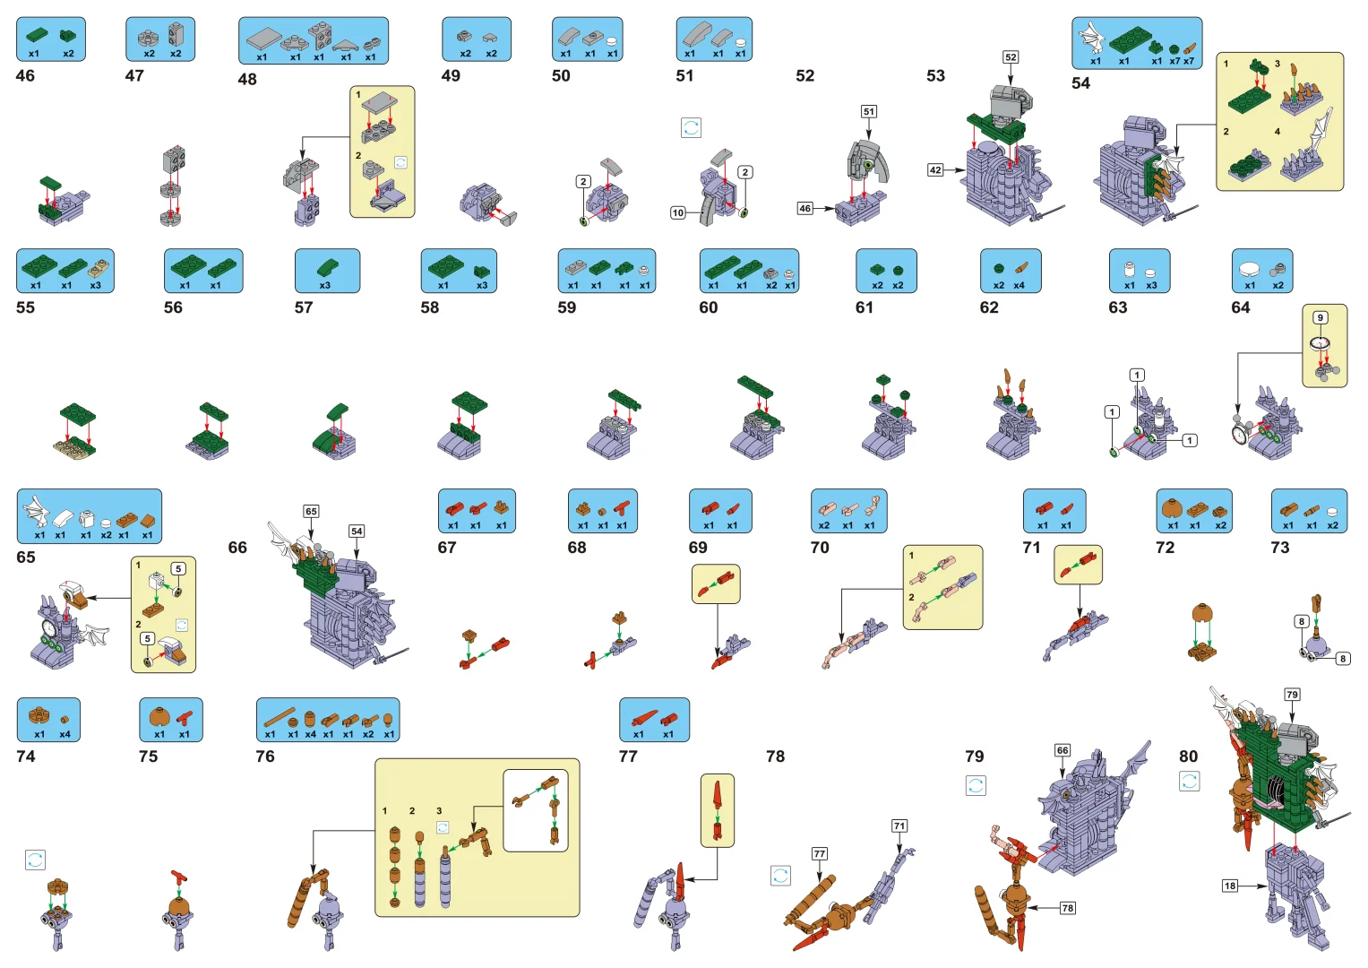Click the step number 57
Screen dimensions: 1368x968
304,307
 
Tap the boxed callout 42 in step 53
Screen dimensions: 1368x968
935,170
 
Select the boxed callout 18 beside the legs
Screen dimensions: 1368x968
1230,886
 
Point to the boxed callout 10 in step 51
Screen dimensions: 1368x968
678,212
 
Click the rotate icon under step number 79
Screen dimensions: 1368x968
976,785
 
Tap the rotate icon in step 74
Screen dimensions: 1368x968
36,860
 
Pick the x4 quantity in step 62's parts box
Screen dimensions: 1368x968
1019,285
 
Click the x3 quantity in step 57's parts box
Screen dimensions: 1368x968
325,285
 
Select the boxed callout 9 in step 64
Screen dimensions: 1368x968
1321,318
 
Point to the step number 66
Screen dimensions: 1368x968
237,548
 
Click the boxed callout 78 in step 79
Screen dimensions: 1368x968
1068,908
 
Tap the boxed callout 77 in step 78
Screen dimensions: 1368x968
820,853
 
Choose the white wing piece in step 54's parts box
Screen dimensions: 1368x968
1092,38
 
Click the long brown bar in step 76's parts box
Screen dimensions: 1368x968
280,717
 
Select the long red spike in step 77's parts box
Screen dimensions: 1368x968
644,717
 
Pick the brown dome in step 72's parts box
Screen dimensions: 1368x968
1171,508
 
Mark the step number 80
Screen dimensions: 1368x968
1189,756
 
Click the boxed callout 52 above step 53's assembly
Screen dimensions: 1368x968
1011,57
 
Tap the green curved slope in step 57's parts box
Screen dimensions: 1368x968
328,267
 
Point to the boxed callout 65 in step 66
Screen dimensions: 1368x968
311,512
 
